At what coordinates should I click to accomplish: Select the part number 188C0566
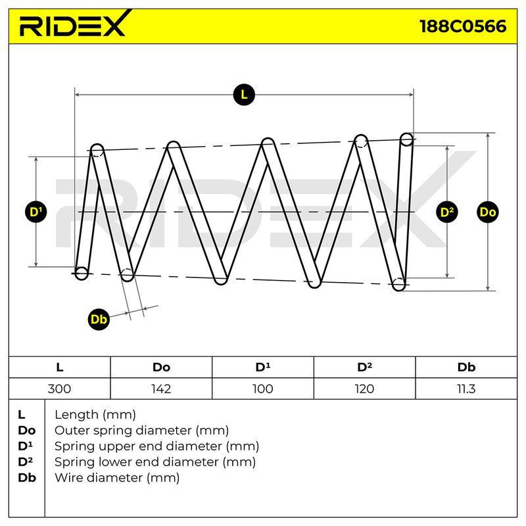pos(463,26)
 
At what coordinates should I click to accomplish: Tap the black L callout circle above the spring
pos(244,95)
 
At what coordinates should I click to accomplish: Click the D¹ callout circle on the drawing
pos(36,212)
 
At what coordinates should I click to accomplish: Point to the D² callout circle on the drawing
pos(447,212)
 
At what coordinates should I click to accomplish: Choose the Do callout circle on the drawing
pos(487,212)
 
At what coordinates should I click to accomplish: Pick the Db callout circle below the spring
pos(99,319)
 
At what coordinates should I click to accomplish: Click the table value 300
pos(59,389)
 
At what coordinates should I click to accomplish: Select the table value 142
pos(161,389)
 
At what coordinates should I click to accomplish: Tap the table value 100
pos(262,389)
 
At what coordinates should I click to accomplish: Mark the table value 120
pos(364,389)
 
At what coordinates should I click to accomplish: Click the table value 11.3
pos(466,389)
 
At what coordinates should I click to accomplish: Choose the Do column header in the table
pos(161,368)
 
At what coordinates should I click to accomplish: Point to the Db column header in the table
pos(466,368)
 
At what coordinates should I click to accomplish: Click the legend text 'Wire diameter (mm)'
pos(117,477)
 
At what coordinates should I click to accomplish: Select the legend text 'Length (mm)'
pos(95,415)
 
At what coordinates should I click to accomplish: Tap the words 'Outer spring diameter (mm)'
pos(141,431)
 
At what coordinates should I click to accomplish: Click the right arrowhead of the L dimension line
pos(412,95)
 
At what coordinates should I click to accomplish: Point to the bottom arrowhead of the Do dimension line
pos(488,288)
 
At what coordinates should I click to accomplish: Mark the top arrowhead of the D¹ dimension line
pos(36,159)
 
